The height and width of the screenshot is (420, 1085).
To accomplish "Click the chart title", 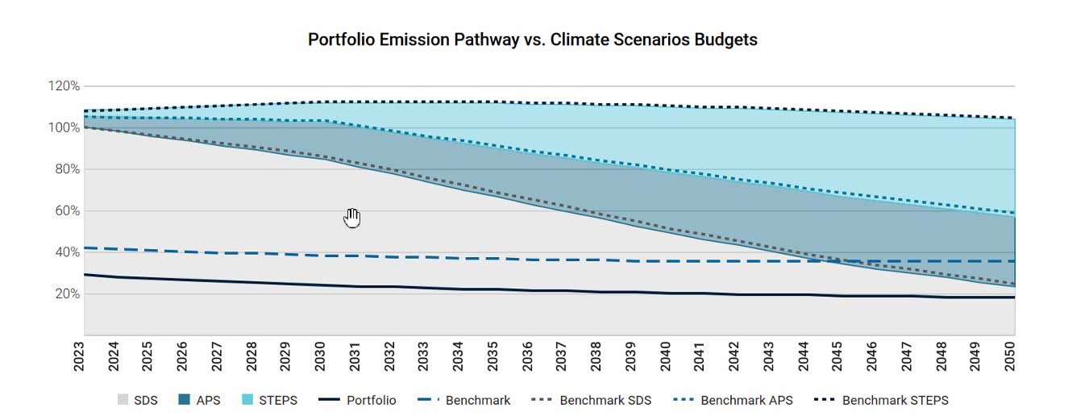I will coord(532,40).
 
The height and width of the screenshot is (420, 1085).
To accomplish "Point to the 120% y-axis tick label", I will coord(64,86).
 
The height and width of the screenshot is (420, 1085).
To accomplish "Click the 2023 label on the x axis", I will coord(79,356).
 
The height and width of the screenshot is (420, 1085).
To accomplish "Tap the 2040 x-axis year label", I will coord(665,356).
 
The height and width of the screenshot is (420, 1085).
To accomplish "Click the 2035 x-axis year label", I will coord(493,356).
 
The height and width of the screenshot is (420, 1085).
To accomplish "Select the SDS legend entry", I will coord(137,400).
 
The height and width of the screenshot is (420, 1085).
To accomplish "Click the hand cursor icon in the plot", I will coord(352,218).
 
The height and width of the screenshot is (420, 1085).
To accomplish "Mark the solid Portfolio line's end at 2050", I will coord(1013,297).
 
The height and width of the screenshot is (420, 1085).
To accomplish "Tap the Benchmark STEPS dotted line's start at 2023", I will coord(85,110).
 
